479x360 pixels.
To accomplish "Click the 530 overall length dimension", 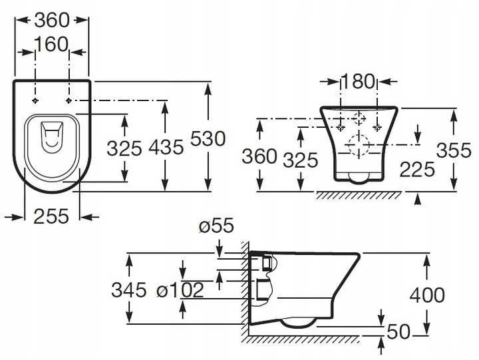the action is coord(208,138).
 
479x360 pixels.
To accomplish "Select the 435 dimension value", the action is coord(166,147).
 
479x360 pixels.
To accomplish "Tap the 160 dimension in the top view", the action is coord(51,44).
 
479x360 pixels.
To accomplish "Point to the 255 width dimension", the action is coord(51,216).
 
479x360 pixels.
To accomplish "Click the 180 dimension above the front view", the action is coord(357,81).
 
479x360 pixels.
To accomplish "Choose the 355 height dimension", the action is coord(454,150).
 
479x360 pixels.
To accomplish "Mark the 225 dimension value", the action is coord(417,169).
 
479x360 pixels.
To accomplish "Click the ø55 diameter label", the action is coord(216,226).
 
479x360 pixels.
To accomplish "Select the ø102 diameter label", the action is coord(180,289).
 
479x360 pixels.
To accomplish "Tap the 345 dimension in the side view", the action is coord(129,289).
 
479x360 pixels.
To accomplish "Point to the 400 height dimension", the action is coord(427,295).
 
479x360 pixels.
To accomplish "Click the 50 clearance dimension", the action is coord(399,331).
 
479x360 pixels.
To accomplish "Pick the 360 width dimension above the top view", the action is coord(52,21).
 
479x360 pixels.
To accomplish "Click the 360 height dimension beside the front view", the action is coord(259,156).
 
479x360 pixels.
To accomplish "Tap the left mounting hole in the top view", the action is coord(35,100).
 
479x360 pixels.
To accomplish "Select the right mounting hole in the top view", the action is coord(69,100).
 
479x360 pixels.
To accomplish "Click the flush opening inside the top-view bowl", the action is coord(52,137).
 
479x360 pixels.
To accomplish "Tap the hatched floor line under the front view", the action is coord(359,195).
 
